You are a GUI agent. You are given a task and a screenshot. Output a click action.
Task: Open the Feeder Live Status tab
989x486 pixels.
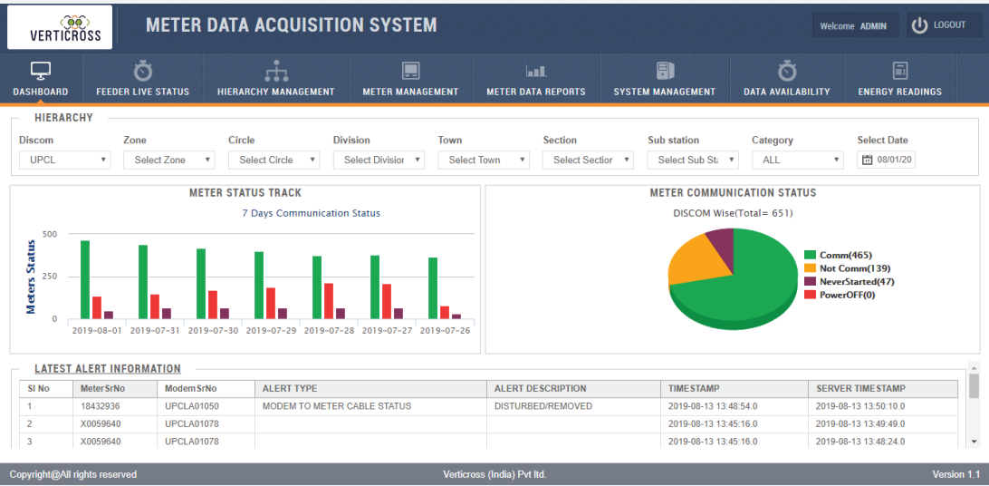(142, 79)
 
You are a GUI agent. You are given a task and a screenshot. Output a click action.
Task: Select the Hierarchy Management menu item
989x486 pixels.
(275, 79)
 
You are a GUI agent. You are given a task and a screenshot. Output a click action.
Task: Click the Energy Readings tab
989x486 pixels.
(899, 79)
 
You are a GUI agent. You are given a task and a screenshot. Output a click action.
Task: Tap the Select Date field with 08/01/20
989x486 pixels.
(888, 160)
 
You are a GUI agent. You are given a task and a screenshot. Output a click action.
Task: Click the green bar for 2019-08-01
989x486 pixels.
(85, 279)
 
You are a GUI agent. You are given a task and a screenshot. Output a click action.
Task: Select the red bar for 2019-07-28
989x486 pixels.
(329, 301)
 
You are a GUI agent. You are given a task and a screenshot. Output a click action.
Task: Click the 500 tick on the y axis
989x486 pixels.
(50, 234)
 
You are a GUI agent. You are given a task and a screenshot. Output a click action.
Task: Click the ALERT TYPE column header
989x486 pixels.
(290, 388)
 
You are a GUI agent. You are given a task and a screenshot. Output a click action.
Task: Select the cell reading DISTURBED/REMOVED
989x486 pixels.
(543, 406)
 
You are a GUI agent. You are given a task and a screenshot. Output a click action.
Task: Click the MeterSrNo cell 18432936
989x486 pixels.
(101, 406)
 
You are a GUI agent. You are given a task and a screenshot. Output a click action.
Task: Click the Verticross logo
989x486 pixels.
(60, 27)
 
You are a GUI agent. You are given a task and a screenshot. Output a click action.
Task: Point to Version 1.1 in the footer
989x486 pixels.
(955, 474)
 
